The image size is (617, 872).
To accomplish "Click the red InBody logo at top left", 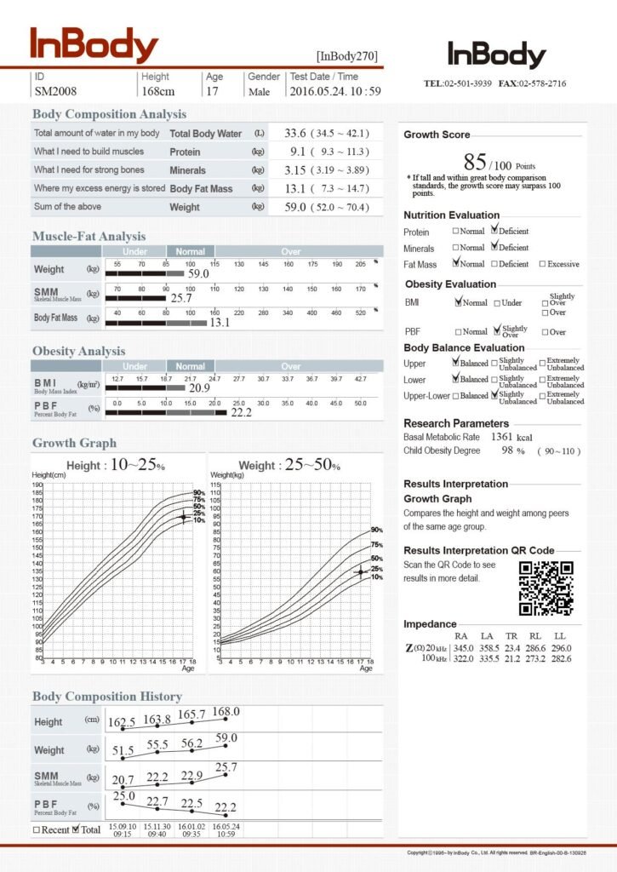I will point(94,46).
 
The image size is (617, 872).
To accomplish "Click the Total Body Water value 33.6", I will point(295,134).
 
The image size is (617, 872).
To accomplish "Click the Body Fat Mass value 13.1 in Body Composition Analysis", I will point(295,188).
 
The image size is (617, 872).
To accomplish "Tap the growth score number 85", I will point(475,162).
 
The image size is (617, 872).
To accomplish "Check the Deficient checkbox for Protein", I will point(494,231).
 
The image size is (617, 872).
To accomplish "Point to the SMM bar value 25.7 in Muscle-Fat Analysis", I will point(181,298).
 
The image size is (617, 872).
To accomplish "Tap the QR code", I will point(546,588).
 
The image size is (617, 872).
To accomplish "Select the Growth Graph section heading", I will point(74,443).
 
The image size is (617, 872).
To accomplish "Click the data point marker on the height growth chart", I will point(182,517).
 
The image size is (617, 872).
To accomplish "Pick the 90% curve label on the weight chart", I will point(376,530).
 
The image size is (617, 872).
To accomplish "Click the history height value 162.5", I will point(122,722).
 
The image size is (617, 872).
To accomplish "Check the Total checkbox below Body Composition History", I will point(76,829).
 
